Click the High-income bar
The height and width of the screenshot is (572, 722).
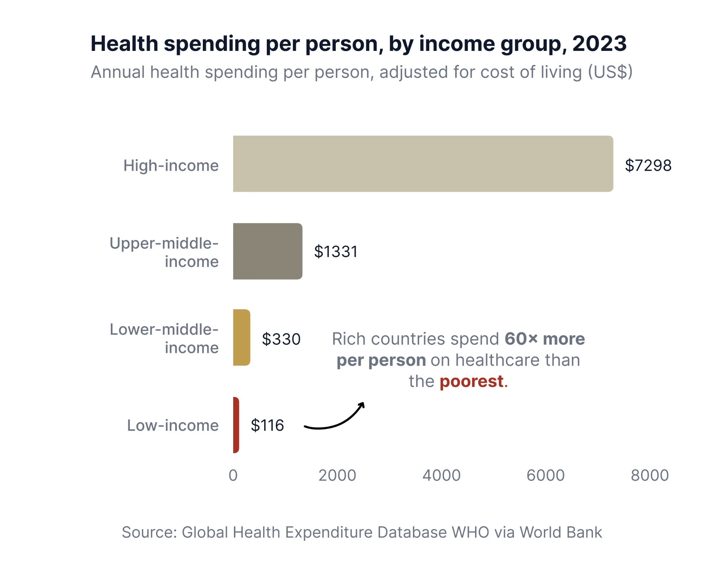pos(423,164)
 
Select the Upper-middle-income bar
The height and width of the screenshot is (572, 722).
pos(268,251)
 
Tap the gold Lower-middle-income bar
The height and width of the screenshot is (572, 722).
pos(242,337)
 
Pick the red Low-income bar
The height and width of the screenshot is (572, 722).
pos(236,425)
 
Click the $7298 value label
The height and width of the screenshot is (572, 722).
pos(648,166)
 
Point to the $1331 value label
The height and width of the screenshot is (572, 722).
pos(336,252)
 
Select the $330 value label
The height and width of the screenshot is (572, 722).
pos(281,339)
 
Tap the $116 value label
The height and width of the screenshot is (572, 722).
pos(268,425)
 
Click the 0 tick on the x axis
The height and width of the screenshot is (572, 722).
pos(233,475)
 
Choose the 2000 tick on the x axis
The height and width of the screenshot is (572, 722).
pos(337,475)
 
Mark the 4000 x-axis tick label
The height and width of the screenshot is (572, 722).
pos(442,475)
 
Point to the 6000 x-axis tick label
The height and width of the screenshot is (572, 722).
pos(545,475)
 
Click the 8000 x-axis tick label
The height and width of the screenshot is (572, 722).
pos(650,475)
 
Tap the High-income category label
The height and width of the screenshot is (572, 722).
pos(171,166)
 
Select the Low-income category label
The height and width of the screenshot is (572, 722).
pos(173,425)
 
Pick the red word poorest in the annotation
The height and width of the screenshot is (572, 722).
pos(471,381)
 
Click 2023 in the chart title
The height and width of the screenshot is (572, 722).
pos(599,44)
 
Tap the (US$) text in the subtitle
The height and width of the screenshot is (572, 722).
pos(610,72)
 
